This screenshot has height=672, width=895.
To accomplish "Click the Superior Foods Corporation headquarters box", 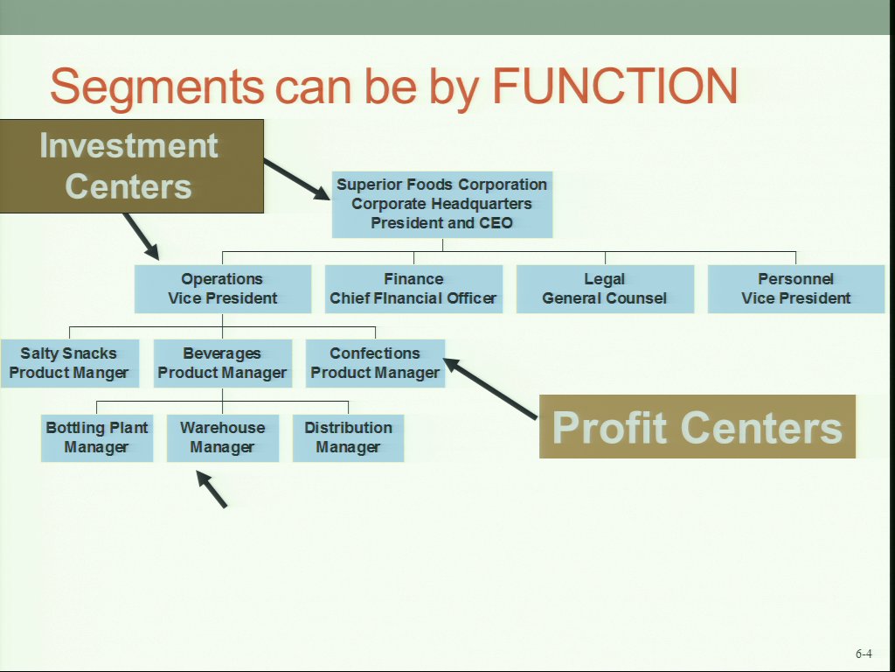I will pos(442,204).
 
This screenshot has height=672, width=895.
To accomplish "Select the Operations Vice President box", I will pos(222,289).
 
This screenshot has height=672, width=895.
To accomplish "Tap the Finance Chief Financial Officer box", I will pos(413,289).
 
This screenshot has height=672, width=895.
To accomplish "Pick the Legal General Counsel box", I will pos(605,289).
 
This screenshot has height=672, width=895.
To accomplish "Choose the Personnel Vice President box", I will pos(795,289).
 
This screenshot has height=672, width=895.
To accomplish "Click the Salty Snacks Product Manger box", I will pos(69,363).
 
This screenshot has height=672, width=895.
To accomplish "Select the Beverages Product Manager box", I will pos(222,363).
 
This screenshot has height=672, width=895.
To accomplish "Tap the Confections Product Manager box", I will pos(375,363).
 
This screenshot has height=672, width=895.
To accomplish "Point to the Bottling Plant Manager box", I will pos(97,437).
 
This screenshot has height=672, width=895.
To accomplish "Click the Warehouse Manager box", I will pos(222,437).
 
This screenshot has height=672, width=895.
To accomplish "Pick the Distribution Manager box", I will pos(348,437).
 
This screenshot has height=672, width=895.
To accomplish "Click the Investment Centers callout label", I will pos(129,166).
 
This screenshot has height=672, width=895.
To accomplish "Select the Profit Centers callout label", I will pos(697,427).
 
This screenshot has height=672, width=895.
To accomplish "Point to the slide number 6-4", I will pos(864,654).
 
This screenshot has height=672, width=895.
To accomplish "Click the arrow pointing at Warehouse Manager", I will pos(212,489).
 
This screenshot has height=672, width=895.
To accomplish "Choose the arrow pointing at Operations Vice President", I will pos(141,236).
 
